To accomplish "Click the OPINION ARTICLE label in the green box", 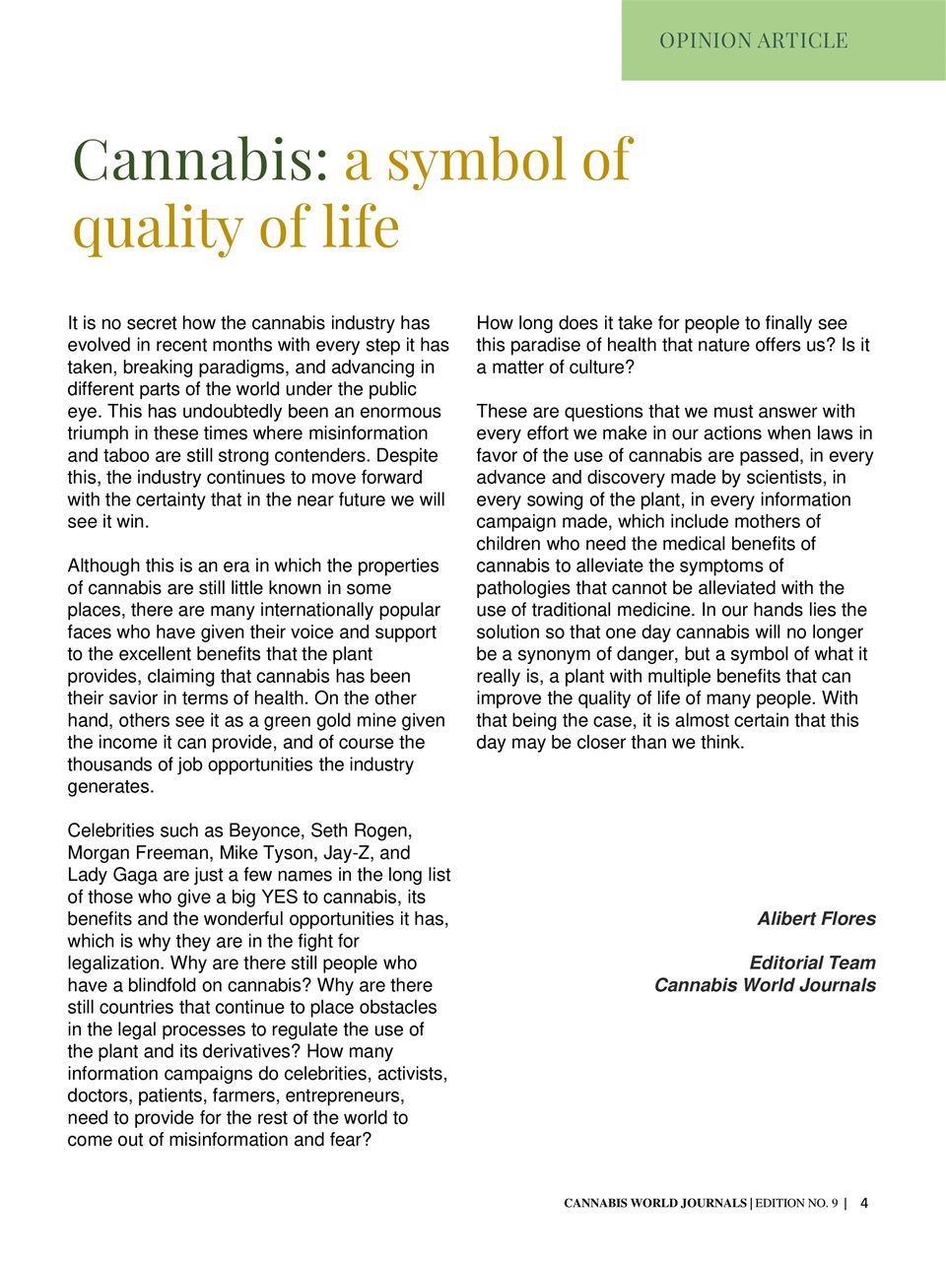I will [x=754, y=40].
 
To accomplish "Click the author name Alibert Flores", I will [x=816, y=919].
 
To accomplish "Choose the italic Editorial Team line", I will [x=812, y=962].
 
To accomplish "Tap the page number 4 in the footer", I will [x=864, y=1203].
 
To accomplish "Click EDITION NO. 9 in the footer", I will [x=796, y=1204].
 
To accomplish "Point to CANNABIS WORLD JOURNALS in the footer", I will [x=654, y=1204].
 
